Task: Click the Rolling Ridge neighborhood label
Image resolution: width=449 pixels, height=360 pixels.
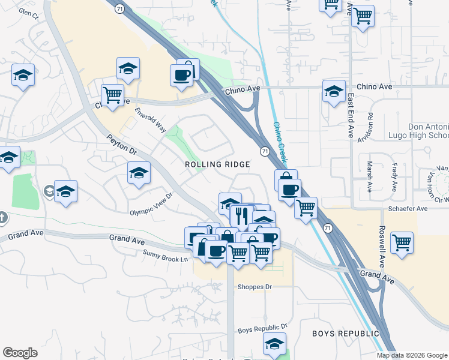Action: pyautogui.click(x=217, y=164)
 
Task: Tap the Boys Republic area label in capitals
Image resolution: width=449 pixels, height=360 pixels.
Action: pyautogui.click(x=345, y=333)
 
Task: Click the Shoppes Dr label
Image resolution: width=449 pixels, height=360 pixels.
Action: pyautogui.click(x=255, y=287)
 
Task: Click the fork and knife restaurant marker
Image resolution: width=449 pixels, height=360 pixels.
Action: pyautogui.click(x=242, y=215)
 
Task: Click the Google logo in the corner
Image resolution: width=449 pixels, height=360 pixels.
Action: pyautogui.click(x=20, y=353)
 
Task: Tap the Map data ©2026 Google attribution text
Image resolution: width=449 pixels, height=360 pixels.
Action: pyautogui.click(x=412, y=355)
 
